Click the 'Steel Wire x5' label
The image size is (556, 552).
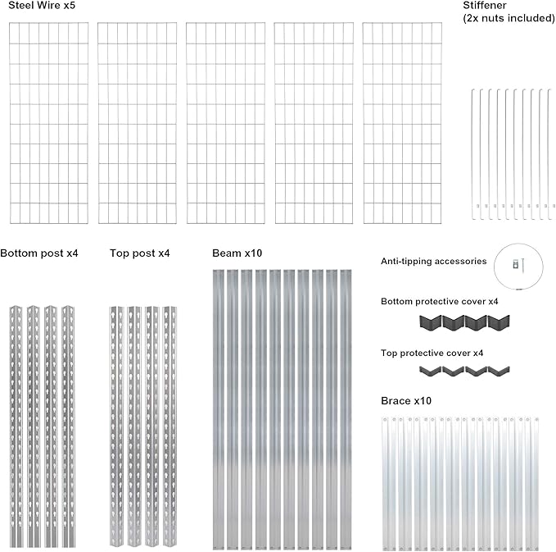[x=40, y=7]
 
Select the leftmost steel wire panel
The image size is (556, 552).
[x=48, y=123]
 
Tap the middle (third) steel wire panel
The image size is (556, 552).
[x=225, y=123]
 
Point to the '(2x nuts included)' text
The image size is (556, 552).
[x=509, y=17]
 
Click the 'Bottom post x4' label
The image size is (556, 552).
[x=39, y=253]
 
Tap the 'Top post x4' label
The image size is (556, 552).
[x=140, y=253]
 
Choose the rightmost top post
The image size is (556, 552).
[x=170, y=427]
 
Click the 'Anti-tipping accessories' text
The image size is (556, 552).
[x=434, y=262]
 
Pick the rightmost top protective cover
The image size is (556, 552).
[x=499, y=372]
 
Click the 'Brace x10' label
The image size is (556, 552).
[x=406, y=401]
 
